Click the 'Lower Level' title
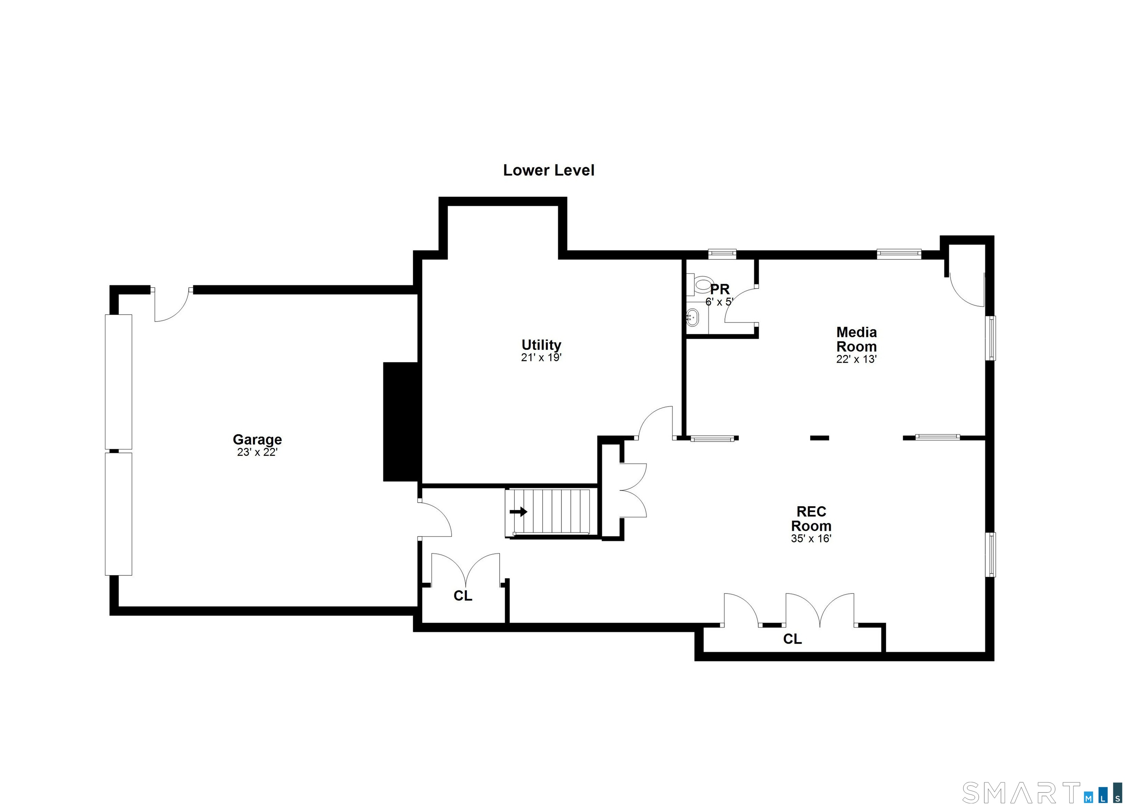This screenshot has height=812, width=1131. click(549, 170)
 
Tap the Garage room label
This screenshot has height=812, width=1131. click(257, 439)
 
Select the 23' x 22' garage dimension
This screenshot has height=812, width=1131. click(257, 453)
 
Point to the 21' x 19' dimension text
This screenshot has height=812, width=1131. click(542, 357)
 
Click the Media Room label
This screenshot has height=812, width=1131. click(857, 339)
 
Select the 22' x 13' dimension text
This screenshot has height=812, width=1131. click(857, 359)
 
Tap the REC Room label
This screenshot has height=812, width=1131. click(811, 518)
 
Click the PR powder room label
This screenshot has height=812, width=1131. click(720, 289)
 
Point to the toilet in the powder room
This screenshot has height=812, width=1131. click(699, 285)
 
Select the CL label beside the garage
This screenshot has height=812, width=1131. click(463, 596)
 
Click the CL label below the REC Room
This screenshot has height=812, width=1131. click(792, 639)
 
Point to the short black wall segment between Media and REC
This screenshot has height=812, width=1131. click(819, 438)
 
